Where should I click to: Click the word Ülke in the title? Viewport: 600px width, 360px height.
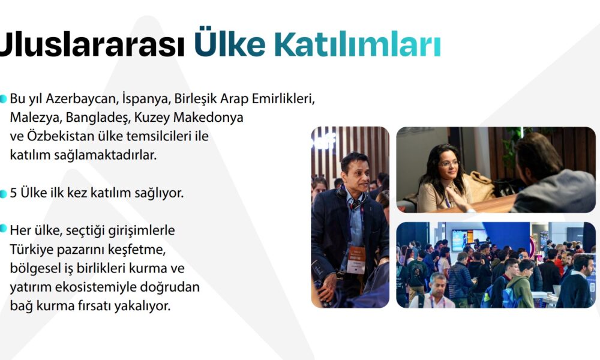click(x=230, y=42)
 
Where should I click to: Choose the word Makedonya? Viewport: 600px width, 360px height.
click(x=208, y=117)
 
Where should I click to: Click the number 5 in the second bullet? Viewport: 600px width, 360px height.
click(x=13, y=193)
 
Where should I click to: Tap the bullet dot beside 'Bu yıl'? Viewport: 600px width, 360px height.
click(x=3, y=99)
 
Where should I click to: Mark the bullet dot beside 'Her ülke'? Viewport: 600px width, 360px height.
click(x=3, y=229)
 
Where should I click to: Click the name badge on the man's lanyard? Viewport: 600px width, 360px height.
click(x=356, y=260)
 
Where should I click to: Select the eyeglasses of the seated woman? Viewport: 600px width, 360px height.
click(x=449, y=164)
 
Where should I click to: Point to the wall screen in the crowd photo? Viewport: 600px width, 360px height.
click(x=464, y=240)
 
